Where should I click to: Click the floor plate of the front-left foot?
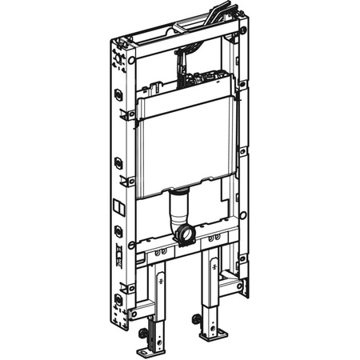pos(150,350)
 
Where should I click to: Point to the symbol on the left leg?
pos(161,282)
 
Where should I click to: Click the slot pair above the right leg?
pos(214,239)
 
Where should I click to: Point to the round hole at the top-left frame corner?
pos(131,59)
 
